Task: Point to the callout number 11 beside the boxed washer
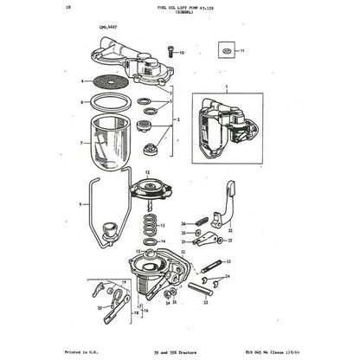click(x=242, y=52)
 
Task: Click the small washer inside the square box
click(x=227, y=52)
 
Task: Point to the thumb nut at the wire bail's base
click(x=110, y=232)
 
